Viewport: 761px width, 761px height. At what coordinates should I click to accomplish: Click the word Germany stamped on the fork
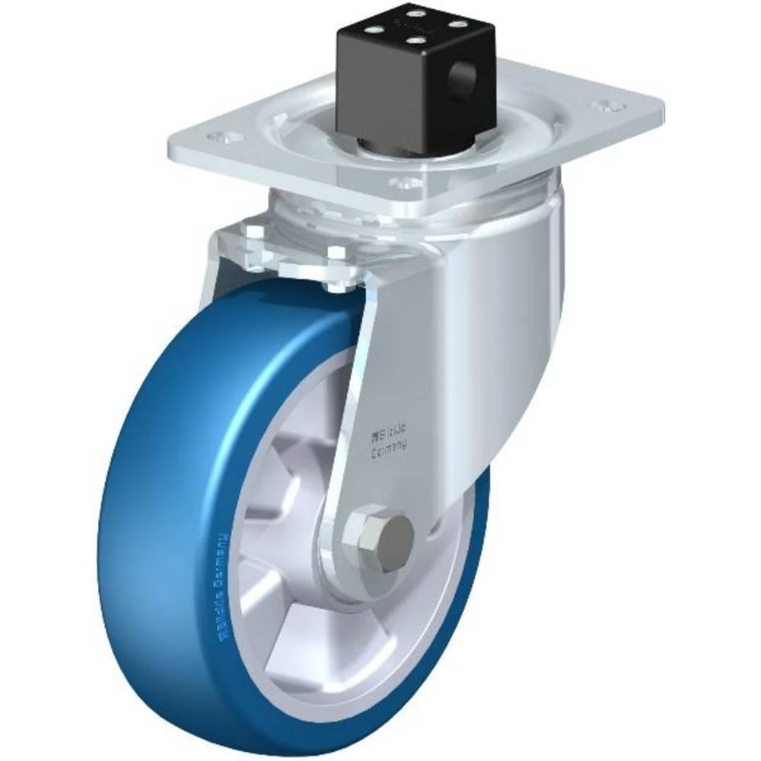[x=388, y=451]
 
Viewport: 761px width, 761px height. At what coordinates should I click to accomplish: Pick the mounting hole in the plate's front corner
[x=404, y=183]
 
